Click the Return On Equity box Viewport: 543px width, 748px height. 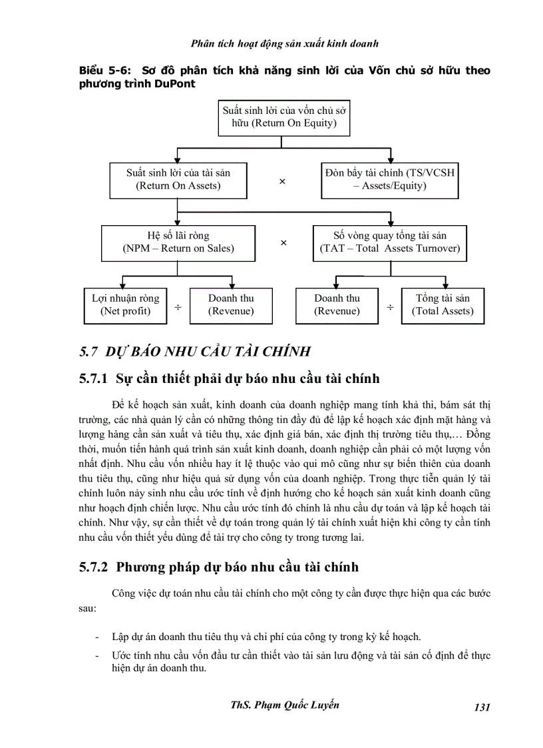pos(284,117)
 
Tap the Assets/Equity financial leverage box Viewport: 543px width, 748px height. pos(389,180)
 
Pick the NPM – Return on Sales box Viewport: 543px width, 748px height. pos(178,242)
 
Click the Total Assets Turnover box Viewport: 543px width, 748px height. pos(389,242)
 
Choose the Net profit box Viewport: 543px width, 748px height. pos(125,305)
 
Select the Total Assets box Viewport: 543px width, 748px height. pos(443,305)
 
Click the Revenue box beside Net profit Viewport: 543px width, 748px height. pos(231,305)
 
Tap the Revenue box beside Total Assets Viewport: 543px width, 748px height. pos(337,305)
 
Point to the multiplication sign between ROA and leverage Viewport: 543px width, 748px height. pos(282,181)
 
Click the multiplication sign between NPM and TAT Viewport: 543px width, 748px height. pos(283,243)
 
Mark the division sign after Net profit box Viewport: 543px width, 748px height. pos(178,307)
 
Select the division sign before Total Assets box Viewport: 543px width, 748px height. pos(390,307)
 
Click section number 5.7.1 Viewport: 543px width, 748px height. pos(93,379)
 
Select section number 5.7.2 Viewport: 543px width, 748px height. pos(93,567)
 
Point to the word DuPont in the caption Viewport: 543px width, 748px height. pos(172,84)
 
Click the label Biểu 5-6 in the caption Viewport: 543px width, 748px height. pos(100,71)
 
